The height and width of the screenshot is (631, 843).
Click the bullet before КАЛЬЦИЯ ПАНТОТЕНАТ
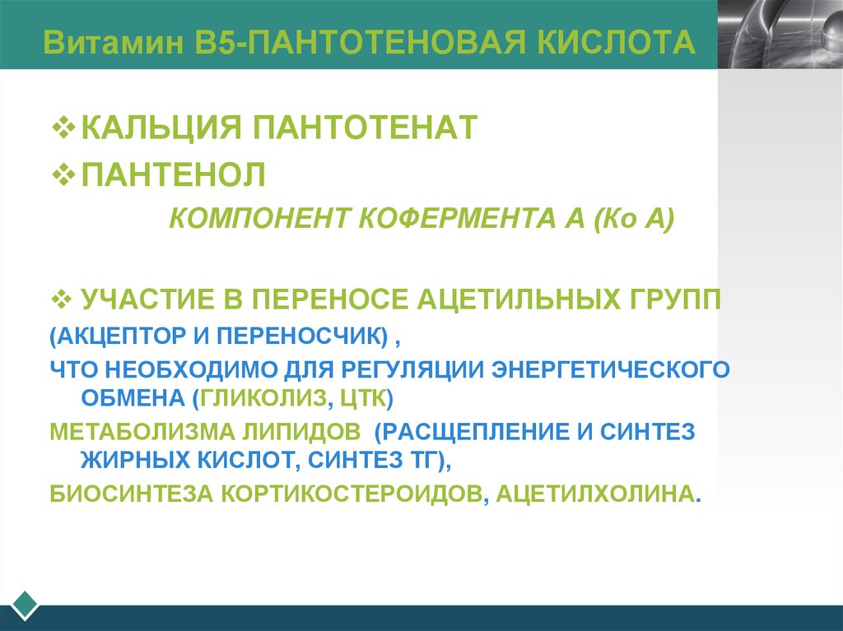point(63,128)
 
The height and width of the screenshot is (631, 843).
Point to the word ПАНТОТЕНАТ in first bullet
point(365,128)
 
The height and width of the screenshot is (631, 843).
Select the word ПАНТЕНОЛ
point(173,174)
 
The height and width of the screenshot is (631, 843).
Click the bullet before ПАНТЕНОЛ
point(63,174)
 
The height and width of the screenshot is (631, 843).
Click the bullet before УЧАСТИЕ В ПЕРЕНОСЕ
point(62,297)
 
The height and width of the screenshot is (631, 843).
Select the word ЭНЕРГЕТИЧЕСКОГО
point(610,369)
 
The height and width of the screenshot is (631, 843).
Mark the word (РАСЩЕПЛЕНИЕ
point(481,430)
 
